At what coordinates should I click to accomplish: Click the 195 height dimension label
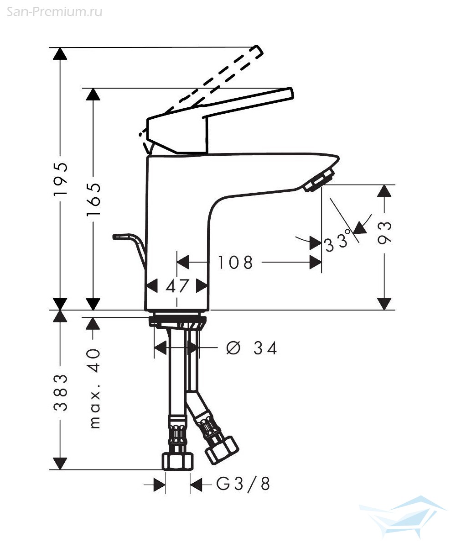(61, 179)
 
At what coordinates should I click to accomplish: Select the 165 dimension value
(93, 199)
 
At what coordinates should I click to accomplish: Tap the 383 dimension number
(61, 392)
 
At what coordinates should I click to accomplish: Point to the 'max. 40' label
(94, 389)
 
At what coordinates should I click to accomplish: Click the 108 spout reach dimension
(235, 262)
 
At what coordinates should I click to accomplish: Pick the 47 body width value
(177, 286)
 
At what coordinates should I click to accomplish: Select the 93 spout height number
(384, 233)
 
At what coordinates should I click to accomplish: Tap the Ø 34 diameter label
(251, 348)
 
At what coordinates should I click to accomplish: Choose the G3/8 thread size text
(243, 484)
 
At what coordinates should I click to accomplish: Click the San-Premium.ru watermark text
(54, 12)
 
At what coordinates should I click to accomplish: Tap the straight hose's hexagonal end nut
(178, 461)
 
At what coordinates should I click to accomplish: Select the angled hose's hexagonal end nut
(222, 450)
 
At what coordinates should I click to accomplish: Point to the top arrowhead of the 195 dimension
(60, 53)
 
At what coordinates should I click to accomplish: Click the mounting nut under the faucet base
(177, 321)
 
